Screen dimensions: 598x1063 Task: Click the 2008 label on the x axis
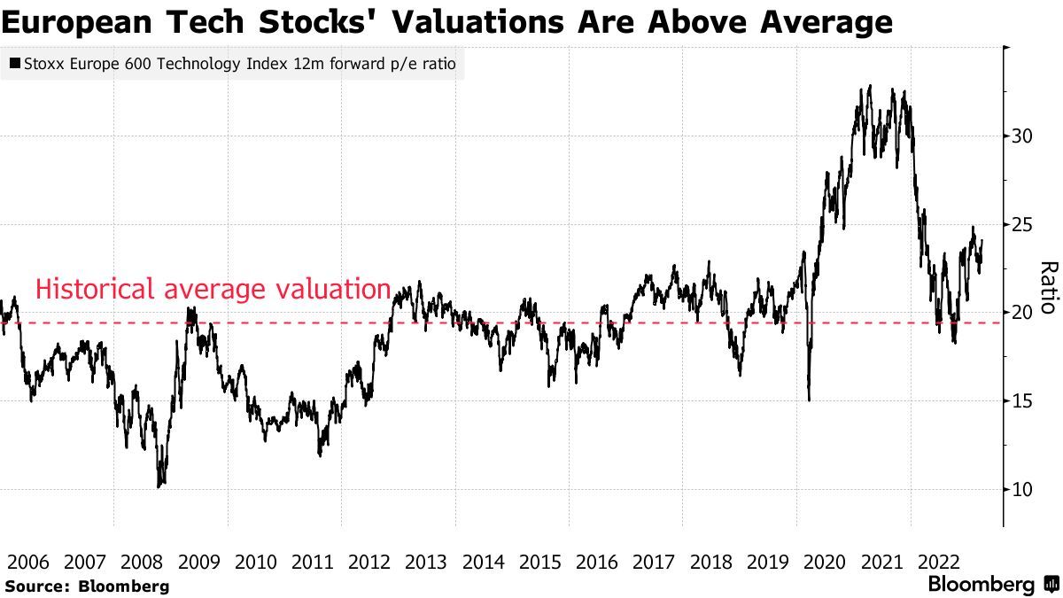[x=141, y=562]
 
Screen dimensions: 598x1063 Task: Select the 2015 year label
[x=540, y=562]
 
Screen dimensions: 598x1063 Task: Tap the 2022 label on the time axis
[x=939, y=562]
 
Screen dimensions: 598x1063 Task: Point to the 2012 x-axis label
[x=369, y=562]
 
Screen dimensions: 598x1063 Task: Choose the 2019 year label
[x=768, y=562]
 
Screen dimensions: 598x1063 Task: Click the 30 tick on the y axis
[x=1022, y=136]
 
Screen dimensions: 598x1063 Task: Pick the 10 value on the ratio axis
[x=1022, y=490]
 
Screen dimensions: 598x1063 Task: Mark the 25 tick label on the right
[x=1022, y=225]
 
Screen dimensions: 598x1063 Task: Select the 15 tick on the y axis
[x=1022, y=401]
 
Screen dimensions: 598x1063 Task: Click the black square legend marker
[x=15, y=64]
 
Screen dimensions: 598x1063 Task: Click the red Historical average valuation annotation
[x=213, y=290]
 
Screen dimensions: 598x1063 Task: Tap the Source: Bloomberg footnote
[x=86, y=586]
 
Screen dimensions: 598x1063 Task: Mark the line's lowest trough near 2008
[x=159, y=486]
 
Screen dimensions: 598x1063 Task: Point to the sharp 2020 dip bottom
[x=810, y=400]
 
